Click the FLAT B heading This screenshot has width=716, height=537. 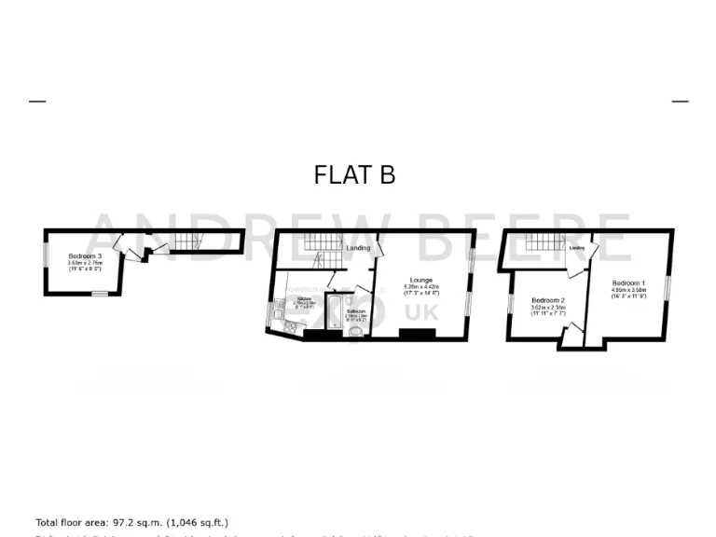click(x=354, y=175)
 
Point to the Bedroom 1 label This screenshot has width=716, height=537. click(x=628, y=282)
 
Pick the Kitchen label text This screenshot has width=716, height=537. click(x=304, y=298)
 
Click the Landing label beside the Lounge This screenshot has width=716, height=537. click(x=358, y=248)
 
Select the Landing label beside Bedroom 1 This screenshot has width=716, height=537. click(x=577, y=248)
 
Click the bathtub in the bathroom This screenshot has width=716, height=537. click(x=333, y=311)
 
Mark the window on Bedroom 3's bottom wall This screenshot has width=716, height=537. click(x=99, y=293)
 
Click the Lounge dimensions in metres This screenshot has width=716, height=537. click(x=421, y=286)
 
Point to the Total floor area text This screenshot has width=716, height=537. click(x=131, y=523)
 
